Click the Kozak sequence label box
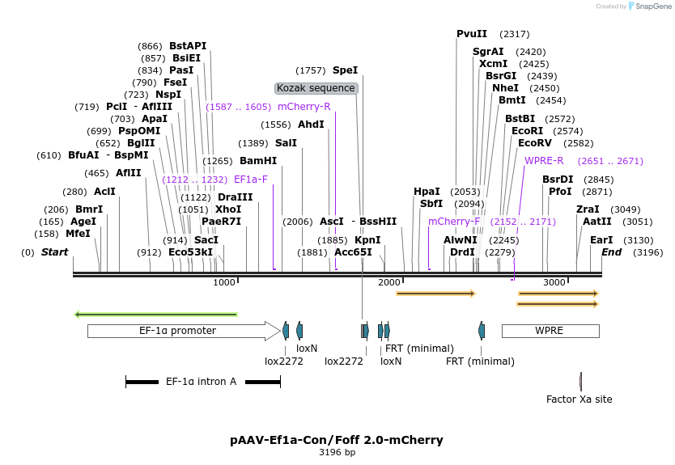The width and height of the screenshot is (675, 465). click(316, 88)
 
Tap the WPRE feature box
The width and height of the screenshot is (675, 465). click(550, 331)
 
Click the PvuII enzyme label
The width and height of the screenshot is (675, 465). click(472, 34)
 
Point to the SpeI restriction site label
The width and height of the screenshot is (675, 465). click(345, 70)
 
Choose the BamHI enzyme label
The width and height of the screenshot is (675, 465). click(258, 161)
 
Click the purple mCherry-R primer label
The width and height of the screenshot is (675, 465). click(304, 107)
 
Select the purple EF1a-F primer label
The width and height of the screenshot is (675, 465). click(250, 180)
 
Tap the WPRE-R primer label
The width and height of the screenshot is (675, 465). click(544, 161)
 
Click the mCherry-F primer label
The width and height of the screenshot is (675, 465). click(454, 222)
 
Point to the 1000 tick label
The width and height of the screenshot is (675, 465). click(224, 282)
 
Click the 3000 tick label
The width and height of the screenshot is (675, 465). click(554, 282)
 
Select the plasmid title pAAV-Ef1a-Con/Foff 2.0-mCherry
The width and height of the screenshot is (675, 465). click(337, 440)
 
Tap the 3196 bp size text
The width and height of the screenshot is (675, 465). click(337, 453)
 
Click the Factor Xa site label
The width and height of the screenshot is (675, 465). click(579, 399)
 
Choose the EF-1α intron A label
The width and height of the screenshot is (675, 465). click(201, 381)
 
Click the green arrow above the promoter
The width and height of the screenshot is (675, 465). click(155, 315)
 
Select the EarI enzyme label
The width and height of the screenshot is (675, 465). click(601, 240)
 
